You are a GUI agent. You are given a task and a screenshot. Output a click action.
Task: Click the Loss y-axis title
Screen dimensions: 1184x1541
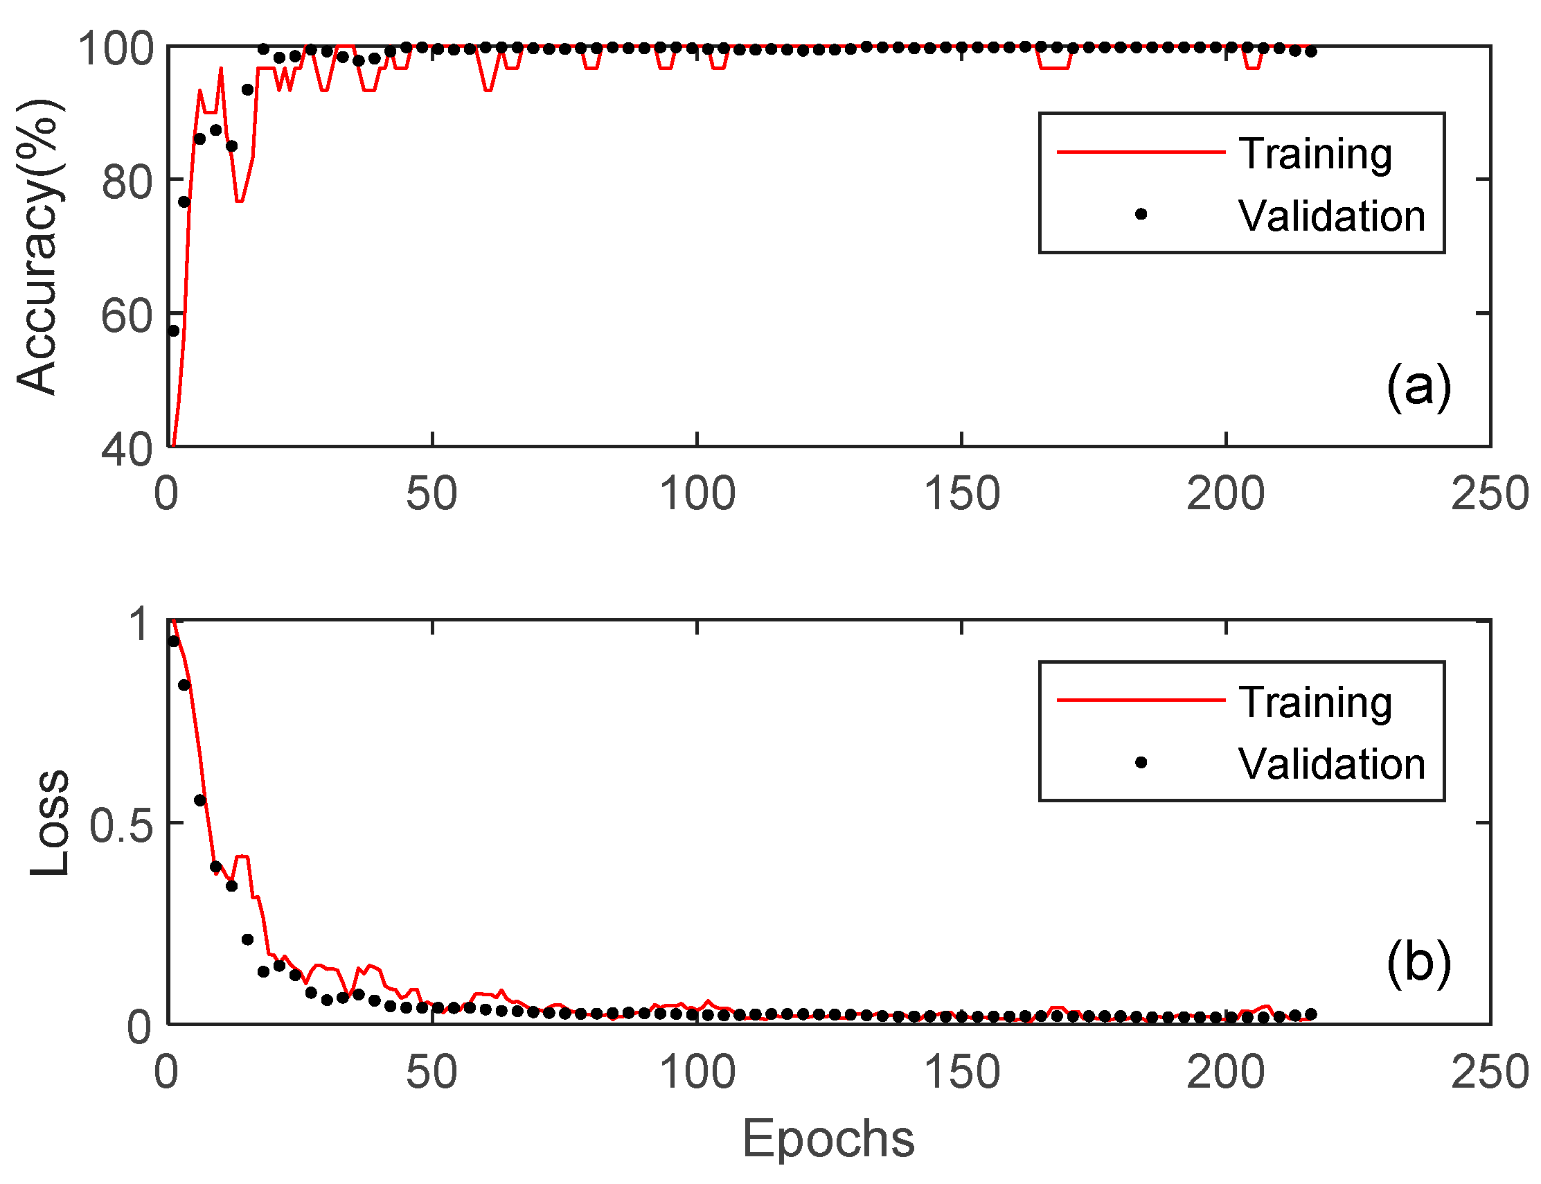coord(49,822)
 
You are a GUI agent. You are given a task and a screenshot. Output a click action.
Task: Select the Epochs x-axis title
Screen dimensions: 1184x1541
coord(828,1138)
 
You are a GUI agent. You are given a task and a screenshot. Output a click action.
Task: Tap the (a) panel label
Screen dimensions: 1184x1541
coord(1418,385)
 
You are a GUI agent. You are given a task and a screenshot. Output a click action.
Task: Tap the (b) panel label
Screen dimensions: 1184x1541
coord(1418,962)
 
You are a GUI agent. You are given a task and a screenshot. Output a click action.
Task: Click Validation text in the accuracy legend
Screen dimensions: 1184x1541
coord(1331,215)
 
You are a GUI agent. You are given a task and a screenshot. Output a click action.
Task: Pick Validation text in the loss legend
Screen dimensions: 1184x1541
coord(1331,764)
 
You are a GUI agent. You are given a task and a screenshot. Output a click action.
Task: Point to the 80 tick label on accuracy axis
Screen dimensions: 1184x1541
coord(127,182)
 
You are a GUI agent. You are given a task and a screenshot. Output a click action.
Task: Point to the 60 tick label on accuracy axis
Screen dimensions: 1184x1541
coord(127,316)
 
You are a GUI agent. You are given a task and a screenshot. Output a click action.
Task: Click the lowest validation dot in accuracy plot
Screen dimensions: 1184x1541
coord(173,330)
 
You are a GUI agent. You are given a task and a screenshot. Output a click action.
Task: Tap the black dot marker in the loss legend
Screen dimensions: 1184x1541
coord(1141,763)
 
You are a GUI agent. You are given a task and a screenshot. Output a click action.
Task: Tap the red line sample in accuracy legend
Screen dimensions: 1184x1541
coord(1141,152)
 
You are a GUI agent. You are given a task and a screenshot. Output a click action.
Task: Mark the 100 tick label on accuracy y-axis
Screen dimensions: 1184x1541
coord(116,49)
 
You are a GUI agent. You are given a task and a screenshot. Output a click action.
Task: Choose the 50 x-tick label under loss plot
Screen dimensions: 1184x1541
coord(431,1072)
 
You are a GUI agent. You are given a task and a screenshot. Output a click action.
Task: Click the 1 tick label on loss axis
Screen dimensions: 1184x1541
coord(141,624)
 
